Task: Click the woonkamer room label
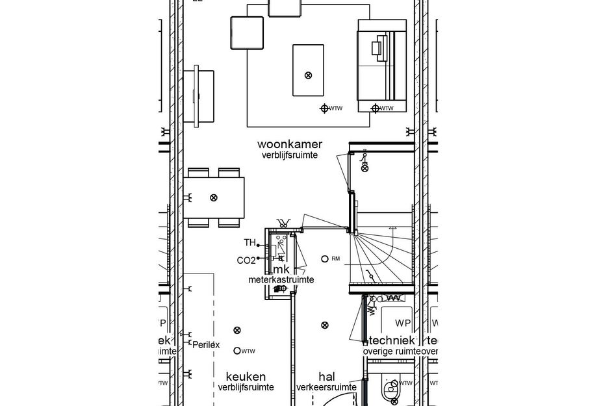(x=290, y=144)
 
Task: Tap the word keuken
(x=246, y=376)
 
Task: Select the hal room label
(x=326, y=376)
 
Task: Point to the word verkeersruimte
(x=326, y=387)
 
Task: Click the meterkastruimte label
(x=281, y=280)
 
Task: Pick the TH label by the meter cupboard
(x=249, y=243)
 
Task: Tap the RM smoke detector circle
(x=324, y=259)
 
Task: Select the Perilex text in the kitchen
(x=206, y=345)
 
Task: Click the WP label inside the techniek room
(x=403, y=323)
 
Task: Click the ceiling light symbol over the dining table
(x=214, y=197)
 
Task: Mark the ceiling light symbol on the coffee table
(x=308, y=75)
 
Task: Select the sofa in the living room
(x=382, y=65)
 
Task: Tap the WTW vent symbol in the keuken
(x=237, y=351)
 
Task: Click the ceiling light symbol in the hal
(x=326, y=325)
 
